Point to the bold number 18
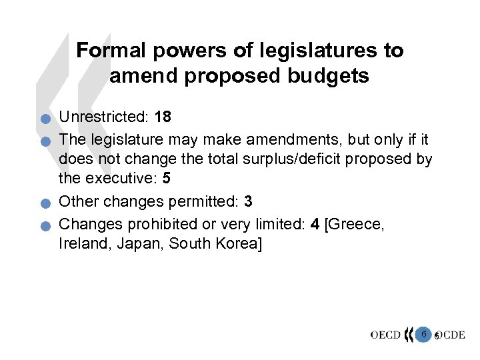163,117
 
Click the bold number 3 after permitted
249,201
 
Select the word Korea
237,244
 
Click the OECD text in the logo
385,335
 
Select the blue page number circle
423,333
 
